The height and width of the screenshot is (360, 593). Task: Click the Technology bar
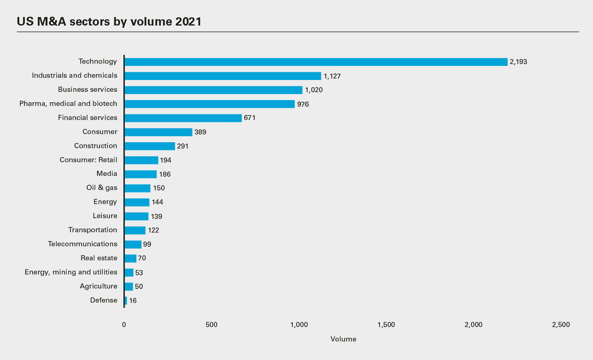point(316,62)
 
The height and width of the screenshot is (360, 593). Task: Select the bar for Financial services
point(183,118)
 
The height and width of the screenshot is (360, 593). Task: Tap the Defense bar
point(126,301)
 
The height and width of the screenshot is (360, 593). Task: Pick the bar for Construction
point(150,146)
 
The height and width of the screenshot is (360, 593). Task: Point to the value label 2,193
point(518,62)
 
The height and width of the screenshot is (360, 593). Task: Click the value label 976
point(303,104)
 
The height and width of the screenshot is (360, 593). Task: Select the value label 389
point(200,132)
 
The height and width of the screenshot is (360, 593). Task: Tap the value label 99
point(147,244)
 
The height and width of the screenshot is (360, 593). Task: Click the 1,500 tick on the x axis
point(386,325)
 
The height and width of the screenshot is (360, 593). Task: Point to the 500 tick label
point(211,325)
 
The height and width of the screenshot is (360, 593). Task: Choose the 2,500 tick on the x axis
point(561,325)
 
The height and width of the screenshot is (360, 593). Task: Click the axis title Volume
point(343,339)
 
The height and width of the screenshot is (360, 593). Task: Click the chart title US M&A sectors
point(109,21)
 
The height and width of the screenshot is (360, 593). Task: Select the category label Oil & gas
point(102,188)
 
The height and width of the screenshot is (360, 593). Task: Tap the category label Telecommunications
point(83,244)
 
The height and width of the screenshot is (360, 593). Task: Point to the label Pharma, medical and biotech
point(68,104)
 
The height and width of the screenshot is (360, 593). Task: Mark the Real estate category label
point(99,258)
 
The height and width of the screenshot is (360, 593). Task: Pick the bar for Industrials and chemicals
point(223,76)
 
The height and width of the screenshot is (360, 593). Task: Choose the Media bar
point(141,174)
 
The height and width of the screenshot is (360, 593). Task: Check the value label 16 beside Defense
point(133,301)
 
